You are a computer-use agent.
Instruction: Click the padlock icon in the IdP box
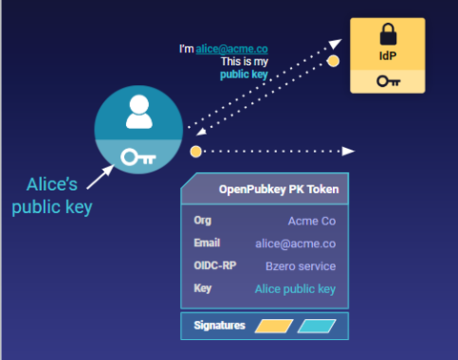387,36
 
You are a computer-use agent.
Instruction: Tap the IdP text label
387,58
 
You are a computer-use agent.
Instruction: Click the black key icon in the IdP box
387,81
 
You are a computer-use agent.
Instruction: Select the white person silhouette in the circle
139,112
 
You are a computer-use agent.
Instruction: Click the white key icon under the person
139,157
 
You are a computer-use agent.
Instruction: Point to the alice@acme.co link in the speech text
231,48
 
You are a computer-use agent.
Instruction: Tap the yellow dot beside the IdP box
333,61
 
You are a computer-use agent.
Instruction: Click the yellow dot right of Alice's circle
196,151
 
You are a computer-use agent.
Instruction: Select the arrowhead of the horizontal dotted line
348,151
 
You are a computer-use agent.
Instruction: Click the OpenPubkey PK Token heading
278,189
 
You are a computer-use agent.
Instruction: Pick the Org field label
203,221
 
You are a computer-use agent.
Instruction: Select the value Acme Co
312,222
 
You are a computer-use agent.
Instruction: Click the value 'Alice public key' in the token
295,288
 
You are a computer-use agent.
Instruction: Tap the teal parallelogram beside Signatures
317,327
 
